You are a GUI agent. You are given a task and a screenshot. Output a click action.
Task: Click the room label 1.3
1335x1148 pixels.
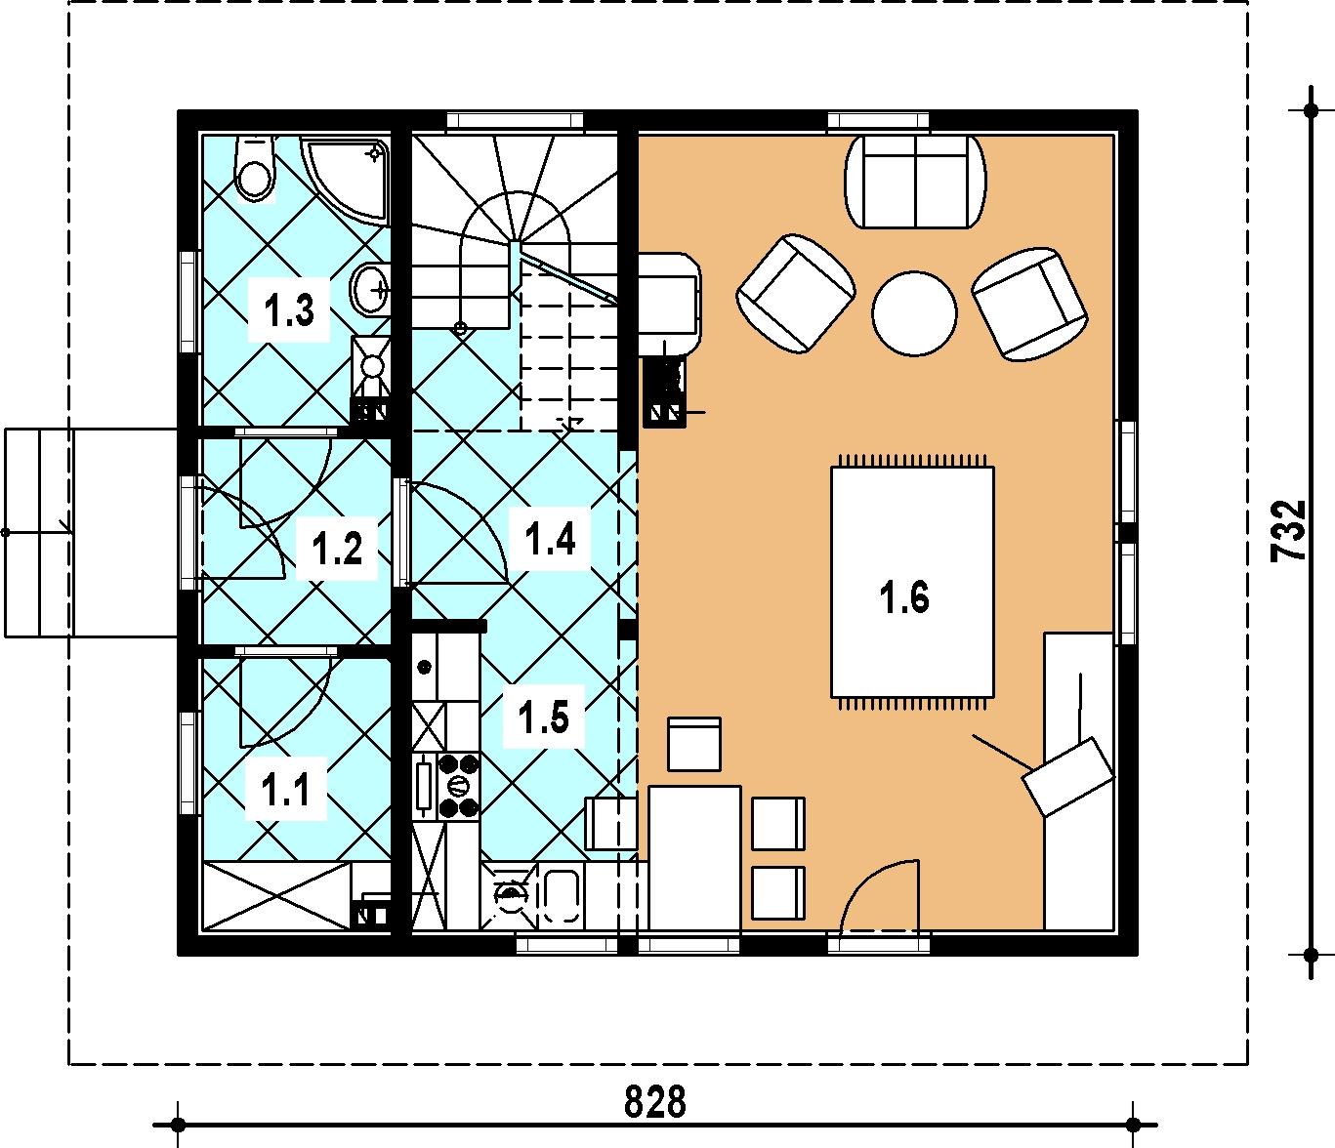click(289, 309)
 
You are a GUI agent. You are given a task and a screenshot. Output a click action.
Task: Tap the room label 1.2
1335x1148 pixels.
click(337, 549)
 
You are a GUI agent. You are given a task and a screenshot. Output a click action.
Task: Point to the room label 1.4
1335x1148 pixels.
click(550, 539)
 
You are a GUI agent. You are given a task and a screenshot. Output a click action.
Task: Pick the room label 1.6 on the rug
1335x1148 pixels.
click(904, 597)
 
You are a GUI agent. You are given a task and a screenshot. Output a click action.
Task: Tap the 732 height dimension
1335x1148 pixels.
click(1288, 531)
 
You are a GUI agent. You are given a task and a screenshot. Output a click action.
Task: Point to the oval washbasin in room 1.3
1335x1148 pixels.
click(371, 290)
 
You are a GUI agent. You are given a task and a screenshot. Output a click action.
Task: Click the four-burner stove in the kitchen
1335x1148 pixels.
click(459, 786)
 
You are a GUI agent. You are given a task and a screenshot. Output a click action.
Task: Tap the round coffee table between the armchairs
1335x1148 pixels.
click(914, 312)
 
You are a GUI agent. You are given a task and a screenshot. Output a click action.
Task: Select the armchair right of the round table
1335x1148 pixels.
click(1031, 304)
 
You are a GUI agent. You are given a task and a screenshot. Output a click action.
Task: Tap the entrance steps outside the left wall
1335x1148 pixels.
click(39, 532)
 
